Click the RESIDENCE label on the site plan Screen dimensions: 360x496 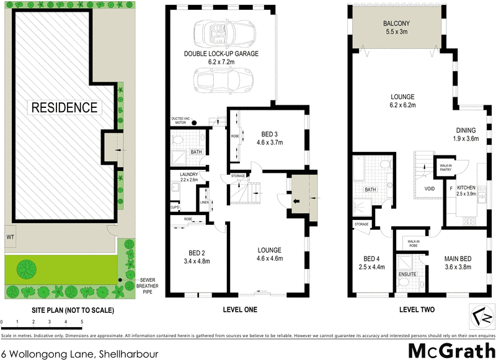pos(64,107)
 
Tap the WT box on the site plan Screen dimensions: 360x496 pos(11,237)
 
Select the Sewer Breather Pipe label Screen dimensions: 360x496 pos(146,286)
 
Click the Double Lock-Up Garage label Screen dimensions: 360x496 pos(221,58)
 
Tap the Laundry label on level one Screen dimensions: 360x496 pos(188,178)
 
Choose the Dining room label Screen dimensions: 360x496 pos(466,134)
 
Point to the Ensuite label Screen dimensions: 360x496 pos(407,273)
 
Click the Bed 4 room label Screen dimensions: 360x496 pos(372,263)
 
